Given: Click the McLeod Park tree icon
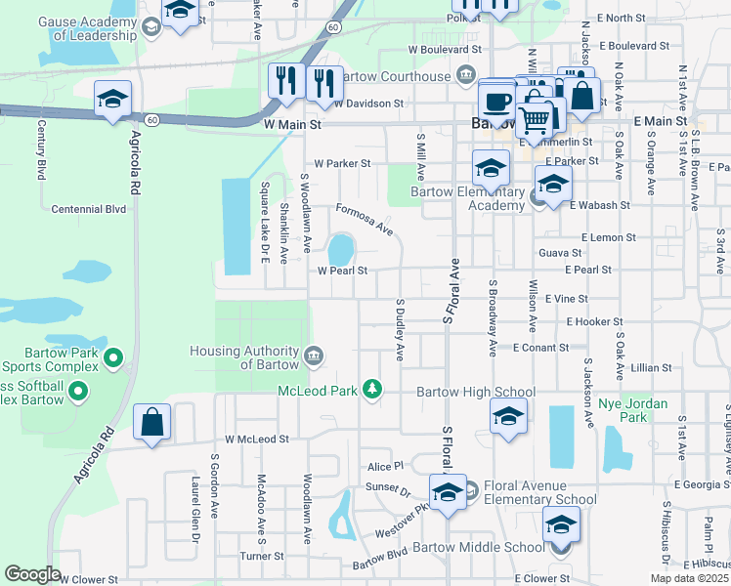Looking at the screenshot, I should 371,390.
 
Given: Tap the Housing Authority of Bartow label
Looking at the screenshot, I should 244,357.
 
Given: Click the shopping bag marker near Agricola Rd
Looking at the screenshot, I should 151,423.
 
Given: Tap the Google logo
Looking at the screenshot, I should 32,573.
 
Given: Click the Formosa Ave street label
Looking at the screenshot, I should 364,220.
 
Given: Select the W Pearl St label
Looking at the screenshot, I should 341,271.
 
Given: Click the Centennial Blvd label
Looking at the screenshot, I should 90,209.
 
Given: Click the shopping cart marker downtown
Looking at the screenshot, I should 534,120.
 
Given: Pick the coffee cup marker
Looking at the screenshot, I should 496,100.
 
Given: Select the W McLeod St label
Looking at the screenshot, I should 257,439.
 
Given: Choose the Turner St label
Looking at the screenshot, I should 261,556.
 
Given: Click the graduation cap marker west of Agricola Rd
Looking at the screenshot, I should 113,100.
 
